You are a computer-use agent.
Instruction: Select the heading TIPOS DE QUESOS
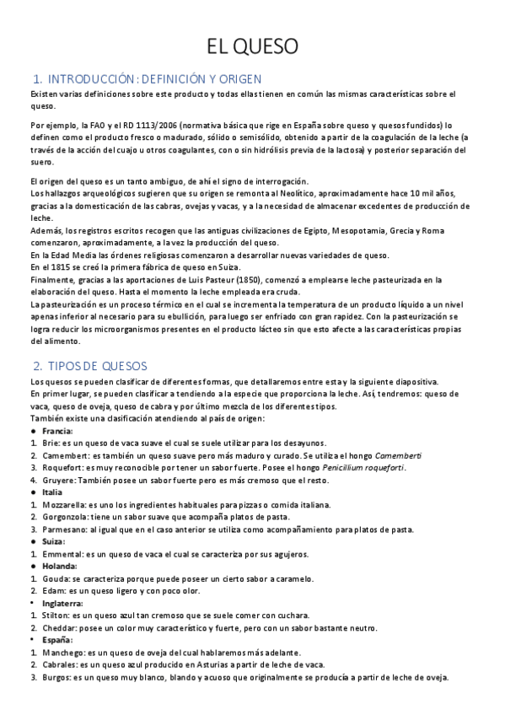[98, 366]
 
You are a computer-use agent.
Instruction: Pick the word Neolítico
[286, 193]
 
